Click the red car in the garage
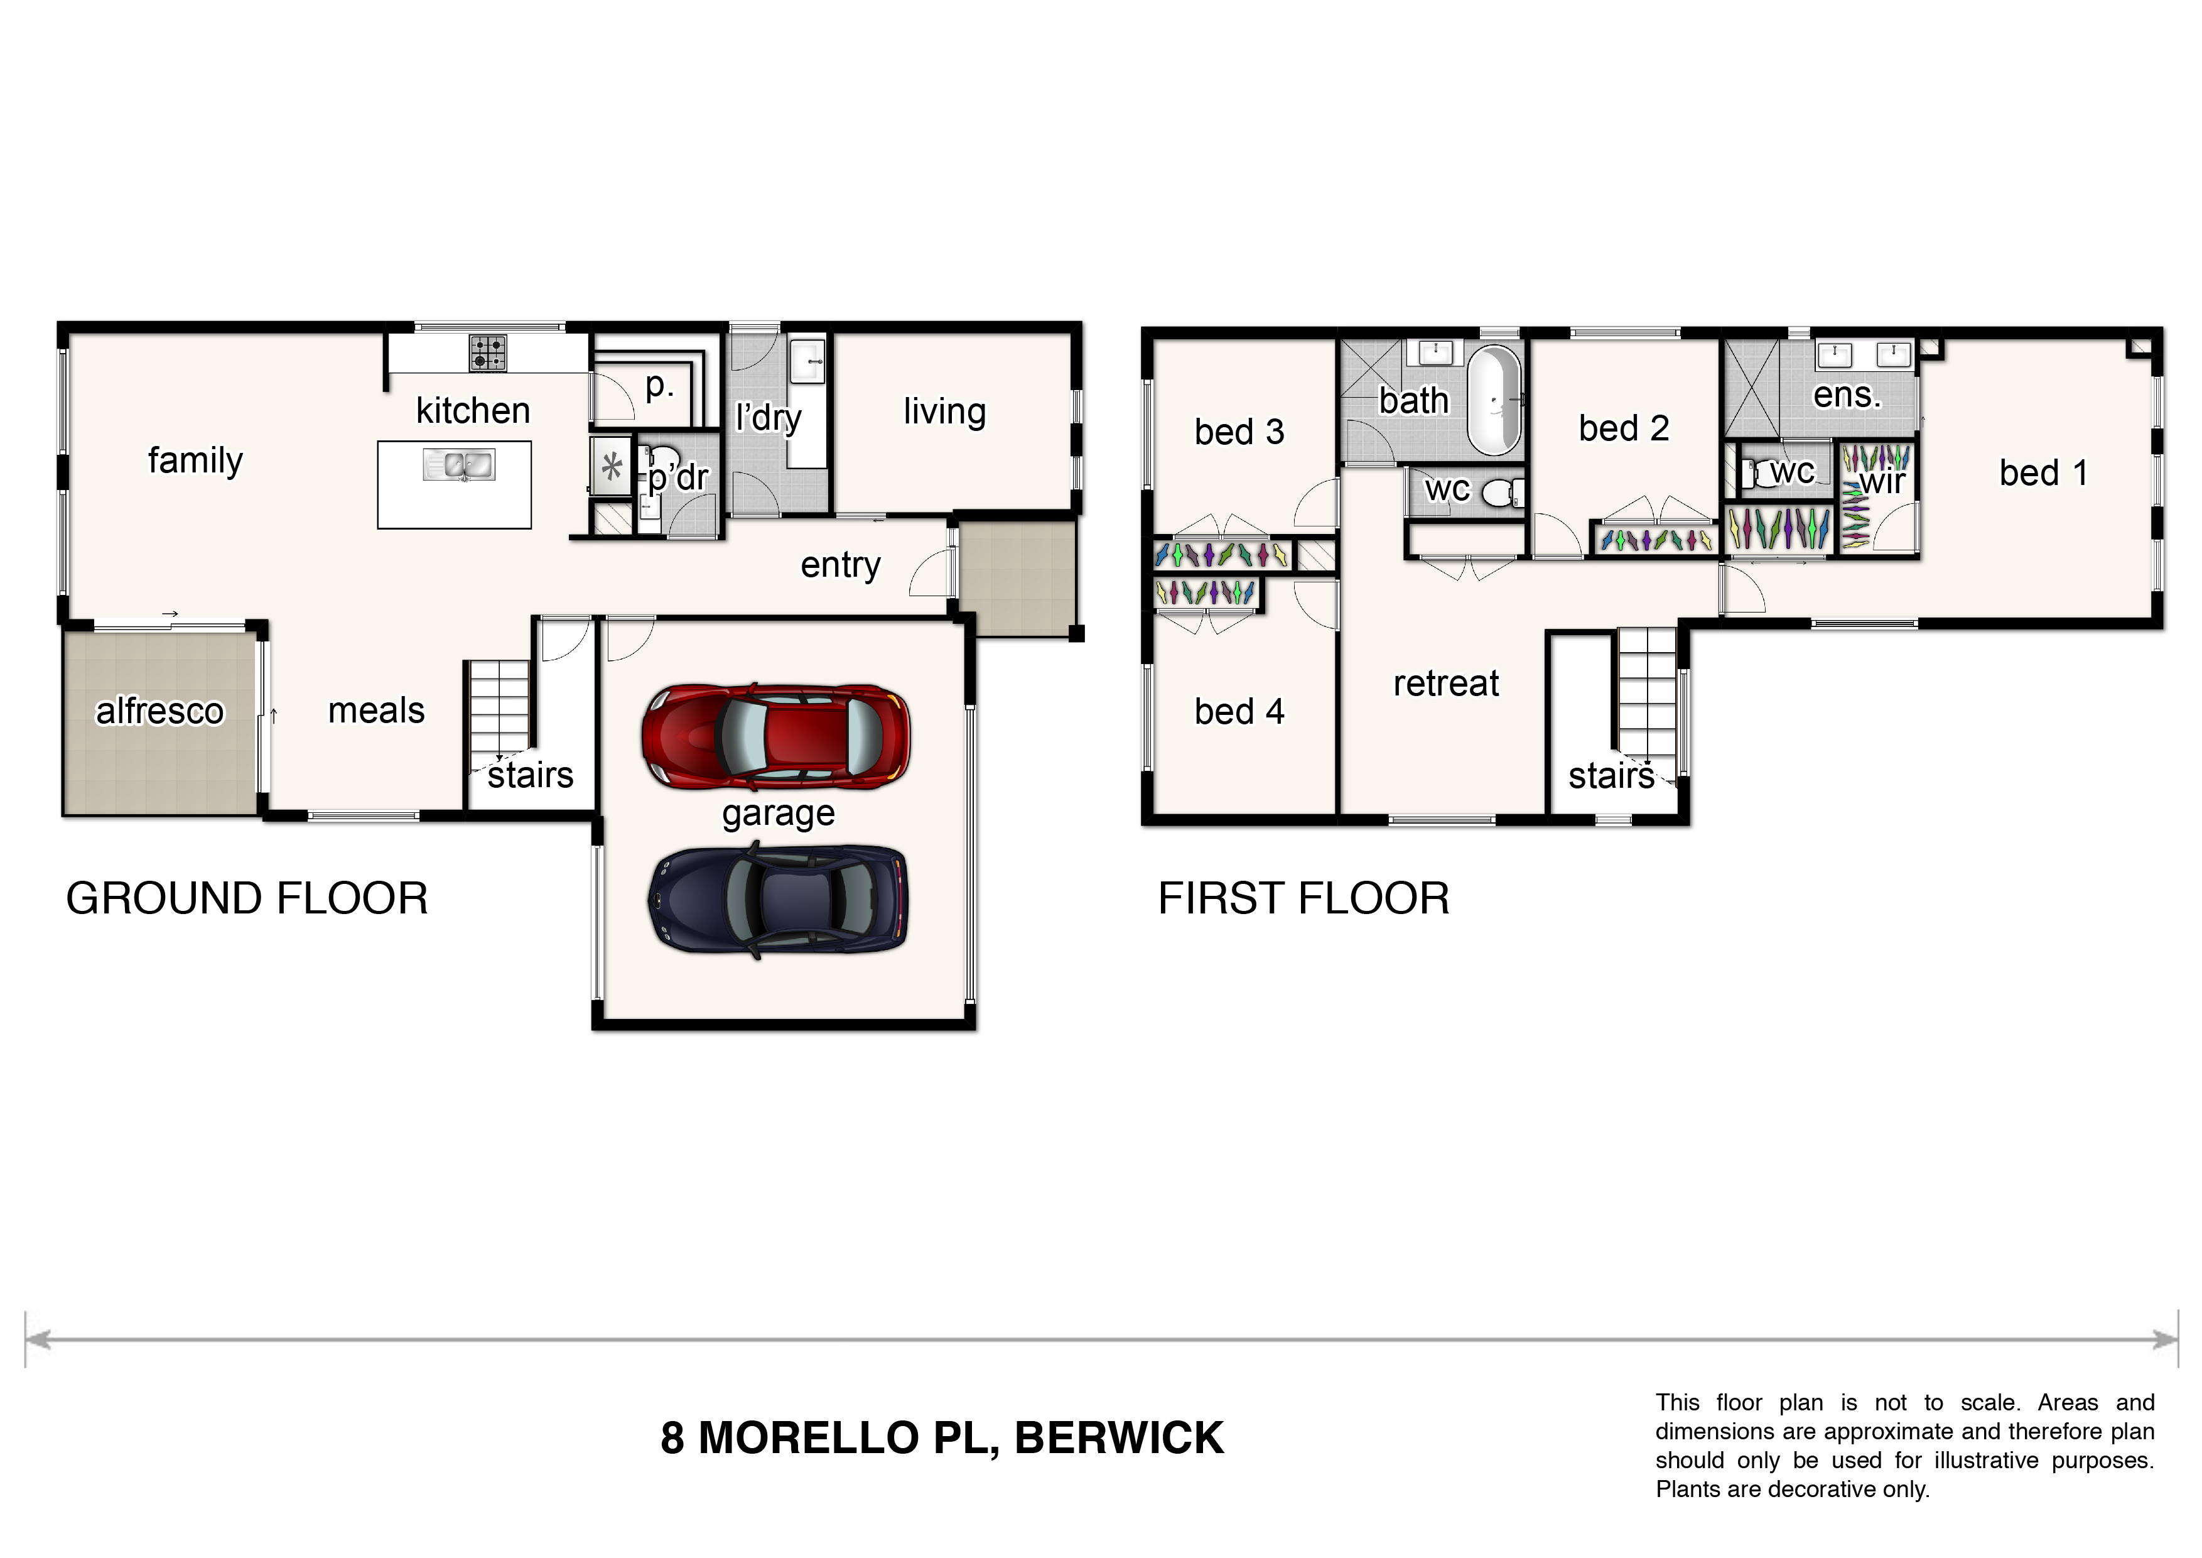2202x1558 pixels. coord(776,737)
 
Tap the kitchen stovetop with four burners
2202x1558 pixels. coord(487,353)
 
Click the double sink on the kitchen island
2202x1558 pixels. coord(460,466)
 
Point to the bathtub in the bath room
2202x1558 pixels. coord(1495,401)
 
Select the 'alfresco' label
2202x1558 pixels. coord(160,711)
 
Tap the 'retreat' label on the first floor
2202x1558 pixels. coord(1445,683)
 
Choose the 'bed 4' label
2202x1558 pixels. coord(1239,711)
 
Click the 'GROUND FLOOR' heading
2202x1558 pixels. coord(247,899)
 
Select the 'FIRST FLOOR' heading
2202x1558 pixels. coord(1303,899)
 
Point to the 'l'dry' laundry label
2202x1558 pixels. coord(768,417)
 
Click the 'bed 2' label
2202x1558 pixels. coord(1624,428)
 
